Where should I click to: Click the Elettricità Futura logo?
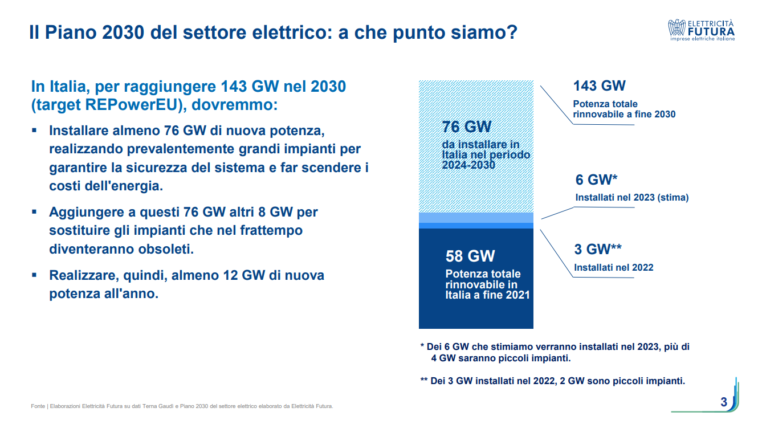[702, 30]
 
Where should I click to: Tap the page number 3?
[724, 402]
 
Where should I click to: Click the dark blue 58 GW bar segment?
[476, 311]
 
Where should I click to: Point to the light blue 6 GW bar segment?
[476, 218]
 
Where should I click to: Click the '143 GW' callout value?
[599, 86]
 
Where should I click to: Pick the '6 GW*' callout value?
[597, 180]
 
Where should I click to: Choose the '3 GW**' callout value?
[597, 249]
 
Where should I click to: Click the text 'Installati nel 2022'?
[613, 267]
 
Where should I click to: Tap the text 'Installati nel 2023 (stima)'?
[632, 198]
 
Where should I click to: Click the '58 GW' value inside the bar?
[470, 256]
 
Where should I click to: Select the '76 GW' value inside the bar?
[466, 127]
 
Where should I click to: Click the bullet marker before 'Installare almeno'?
[35, 131]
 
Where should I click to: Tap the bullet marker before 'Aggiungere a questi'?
[35, 211]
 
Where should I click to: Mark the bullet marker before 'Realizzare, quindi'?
[35, 275]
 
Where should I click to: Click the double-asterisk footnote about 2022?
[552, 381]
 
